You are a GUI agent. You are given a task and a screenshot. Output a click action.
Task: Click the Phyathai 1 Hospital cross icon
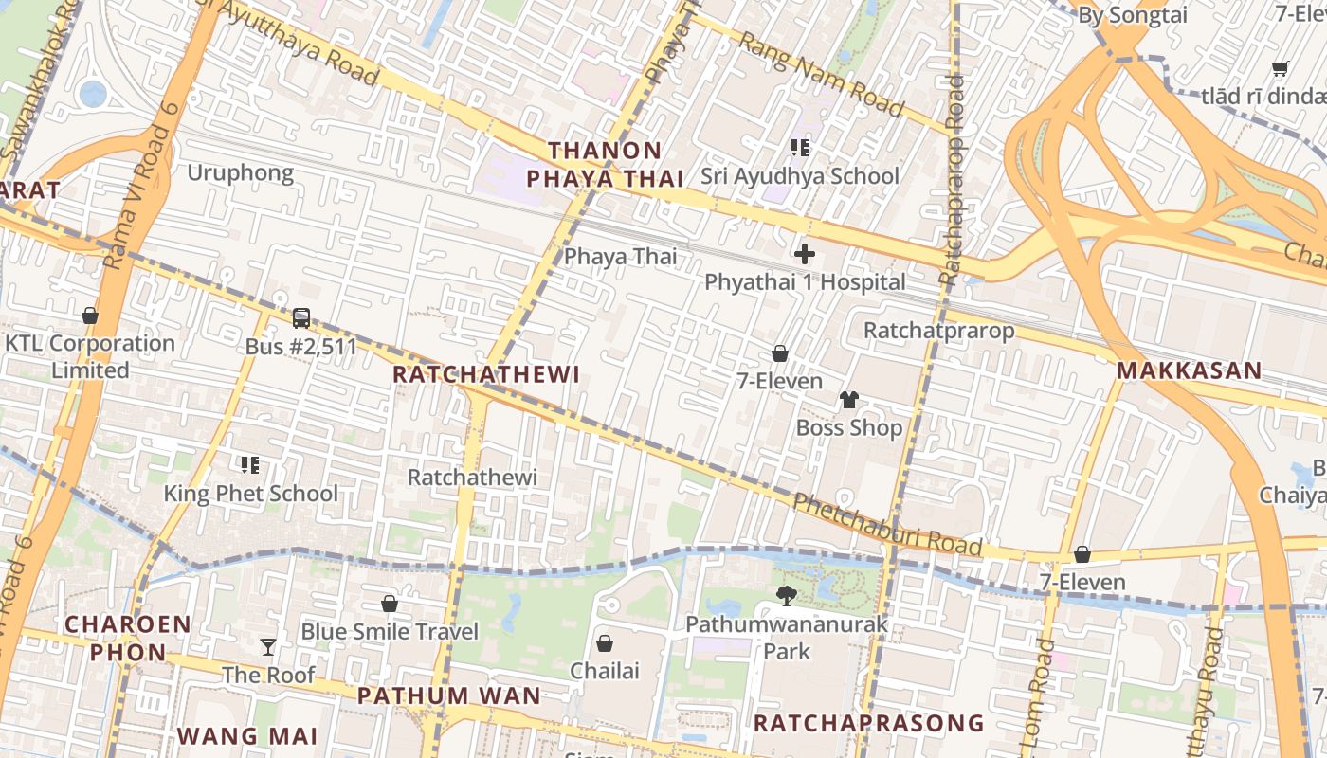pyautogui.click(x=805, y=254)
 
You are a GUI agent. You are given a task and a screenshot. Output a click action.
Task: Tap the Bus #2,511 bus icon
pyautogui.click(x=301, y=318)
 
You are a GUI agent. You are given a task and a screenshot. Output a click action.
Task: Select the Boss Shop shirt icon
pyautogui.click(x=848, y=400)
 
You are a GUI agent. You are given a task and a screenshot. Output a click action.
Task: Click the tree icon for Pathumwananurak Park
pyautogui.click(x=786, y=596)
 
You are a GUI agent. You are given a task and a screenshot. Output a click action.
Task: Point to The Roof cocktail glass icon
pyautogui.click(x=268, y=647)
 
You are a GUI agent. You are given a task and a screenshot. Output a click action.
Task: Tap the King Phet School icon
pyautogui.click(x=250, y=465)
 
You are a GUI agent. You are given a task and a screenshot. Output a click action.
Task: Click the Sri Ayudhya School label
pyautogui.click(x=800, y=176)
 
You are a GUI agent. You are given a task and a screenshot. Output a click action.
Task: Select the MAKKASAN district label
pyautogui.click(x=1189, y=370)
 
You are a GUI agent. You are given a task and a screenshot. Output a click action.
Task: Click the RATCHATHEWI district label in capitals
pyautogui.click(x=485, y=374)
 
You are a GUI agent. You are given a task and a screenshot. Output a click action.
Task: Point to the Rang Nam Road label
pyautogui.click(x=821, y=73)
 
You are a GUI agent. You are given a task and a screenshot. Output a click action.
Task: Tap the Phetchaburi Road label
pyautogui.click(x=887, y=524)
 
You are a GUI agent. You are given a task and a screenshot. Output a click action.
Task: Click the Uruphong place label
pyautogui.click(x=240, y=172)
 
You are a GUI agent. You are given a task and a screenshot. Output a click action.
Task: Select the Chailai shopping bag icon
pyautogui.click(x=605, y=644)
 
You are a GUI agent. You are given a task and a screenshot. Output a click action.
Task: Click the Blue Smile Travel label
pyautogui.click(x=390, y=631)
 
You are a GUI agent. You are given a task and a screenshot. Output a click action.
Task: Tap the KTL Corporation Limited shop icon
pyautogui.click(x=90, y=316)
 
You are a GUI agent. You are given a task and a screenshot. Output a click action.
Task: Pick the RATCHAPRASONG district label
pyautogui.click(x=868, y=724)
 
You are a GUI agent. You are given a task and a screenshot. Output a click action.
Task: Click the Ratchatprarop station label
pyautogui.click(x=938, y=331)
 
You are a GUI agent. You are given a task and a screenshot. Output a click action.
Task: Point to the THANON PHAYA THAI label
pyautogui.click(x=605, y=164)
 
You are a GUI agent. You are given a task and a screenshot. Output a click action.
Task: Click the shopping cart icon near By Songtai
pyautogui.click(x=1280, y=68)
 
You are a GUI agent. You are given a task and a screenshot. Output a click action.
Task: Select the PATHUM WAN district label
pyautogui.click(x=448, y=695)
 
